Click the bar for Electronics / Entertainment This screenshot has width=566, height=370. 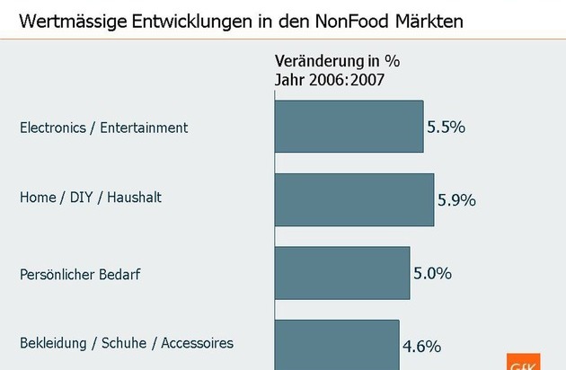click(349, 127)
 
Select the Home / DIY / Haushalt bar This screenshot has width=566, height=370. click(354, 199)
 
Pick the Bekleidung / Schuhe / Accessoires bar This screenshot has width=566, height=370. click(336, 344)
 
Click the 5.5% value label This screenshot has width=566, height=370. click(446, 128)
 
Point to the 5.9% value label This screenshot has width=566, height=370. click(456, 200)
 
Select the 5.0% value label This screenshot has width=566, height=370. click(432, 272)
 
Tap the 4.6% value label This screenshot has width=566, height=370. click(421, 343)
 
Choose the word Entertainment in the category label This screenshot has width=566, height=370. click(146, 128)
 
